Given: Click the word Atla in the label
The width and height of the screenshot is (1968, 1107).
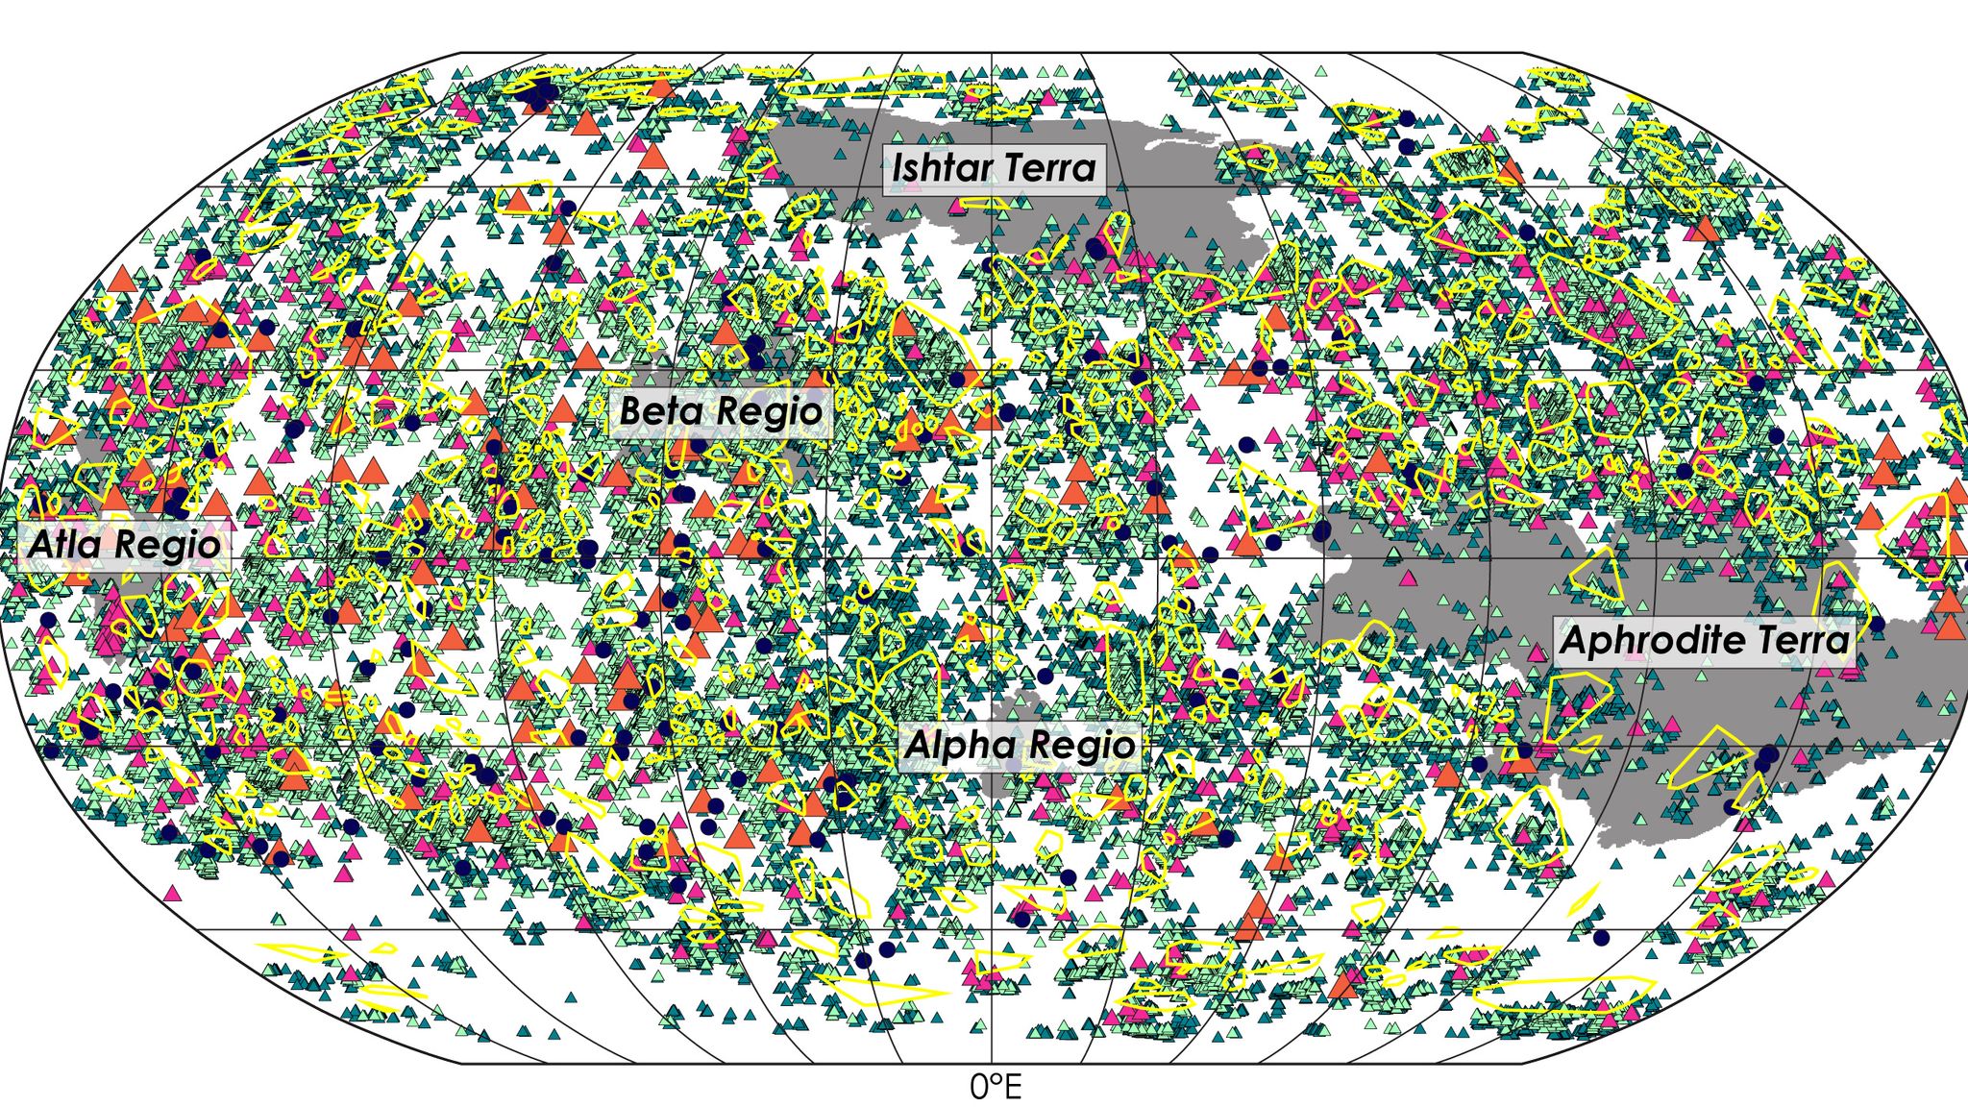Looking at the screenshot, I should coord(63,545).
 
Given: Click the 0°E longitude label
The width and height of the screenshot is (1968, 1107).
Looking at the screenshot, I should coord(996,1088).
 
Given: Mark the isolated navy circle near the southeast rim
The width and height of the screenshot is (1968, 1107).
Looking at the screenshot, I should coord(1600,937).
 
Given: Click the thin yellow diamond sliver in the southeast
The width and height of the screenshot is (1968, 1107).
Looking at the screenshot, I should coord(1582,900).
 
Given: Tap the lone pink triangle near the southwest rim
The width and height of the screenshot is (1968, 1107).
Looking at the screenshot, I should coord(173,894).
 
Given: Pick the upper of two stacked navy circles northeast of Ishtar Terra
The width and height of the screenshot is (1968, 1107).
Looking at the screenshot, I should coord(1407,118).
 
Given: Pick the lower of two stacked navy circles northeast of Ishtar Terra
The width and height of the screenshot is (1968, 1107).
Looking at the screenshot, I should coord(1407,146).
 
